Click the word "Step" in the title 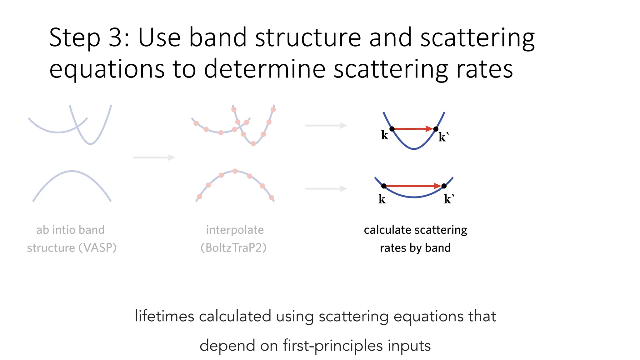[x=75, y=38]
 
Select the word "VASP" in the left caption [x=97, y=248]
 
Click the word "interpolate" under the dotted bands [x=235, y=230]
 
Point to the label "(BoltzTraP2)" [x=233, y=248]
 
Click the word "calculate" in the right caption [x=385, y=230]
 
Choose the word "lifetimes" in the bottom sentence [x=165, y=316]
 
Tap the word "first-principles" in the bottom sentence [x=333, y=346]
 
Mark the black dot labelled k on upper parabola [x=392, y=129]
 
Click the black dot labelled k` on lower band [x=444, y=186]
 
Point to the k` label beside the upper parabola [x=443, y=137]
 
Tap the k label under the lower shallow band [x=382, y=199]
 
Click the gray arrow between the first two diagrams [x=154, y=157]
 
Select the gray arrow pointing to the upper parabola [x=326, y=125]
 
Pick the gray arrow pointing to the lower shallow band [x=326, y=188]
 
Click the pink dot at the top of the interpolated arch [x=235, y=171]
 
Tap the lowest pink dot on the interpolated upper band [x=253, y=144]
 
